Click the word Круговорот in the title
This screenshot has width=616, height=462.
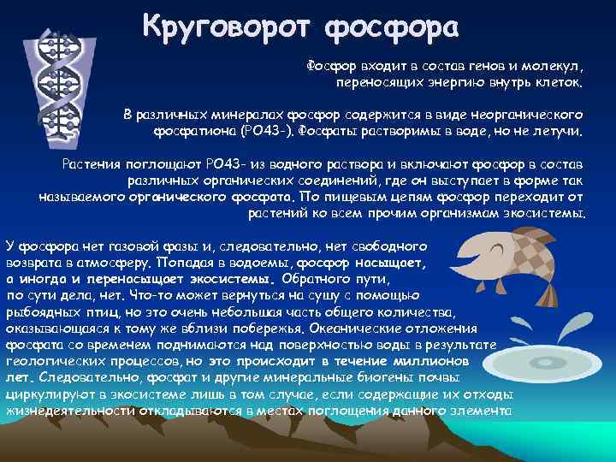click(228, 26)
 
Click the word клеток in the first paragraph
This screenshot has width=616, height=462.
click(561, 84)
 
